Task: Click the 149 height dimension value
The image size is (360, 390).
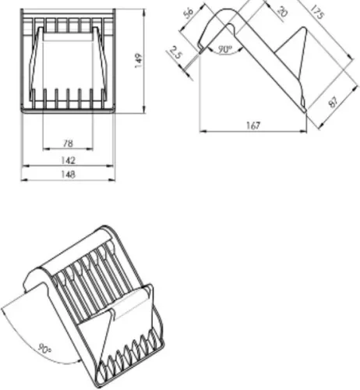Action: pyautogui.click(x=139, y=61)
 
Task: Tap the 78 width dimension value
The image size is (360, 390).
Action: pyautogui.click(x=68, y=144)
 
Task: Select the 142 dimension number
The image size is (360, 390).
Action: pyautogui.click(x=68, y=160)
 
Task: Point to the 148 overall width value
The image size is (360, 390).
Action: pyautogui.click(x=68, y=174)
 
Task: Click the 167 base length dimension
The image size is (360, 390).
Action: pyautogui.click(x=253, y=126)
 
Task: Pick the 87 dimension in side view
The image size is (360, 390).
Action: pyautogui.click(x=334, y=102)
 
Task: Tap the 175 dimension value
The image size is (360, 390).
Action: pyautogui.click(x=317, y=12)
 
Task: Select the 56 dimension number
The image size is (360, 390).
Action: pyautogui.click(x=189, y=12)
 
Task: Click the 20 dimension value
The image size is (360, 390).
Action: pyautogui.click(x=282, y=11)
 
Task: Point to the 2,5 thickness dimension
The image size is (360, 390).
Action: pyautogui.click(x=176, y=53)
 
